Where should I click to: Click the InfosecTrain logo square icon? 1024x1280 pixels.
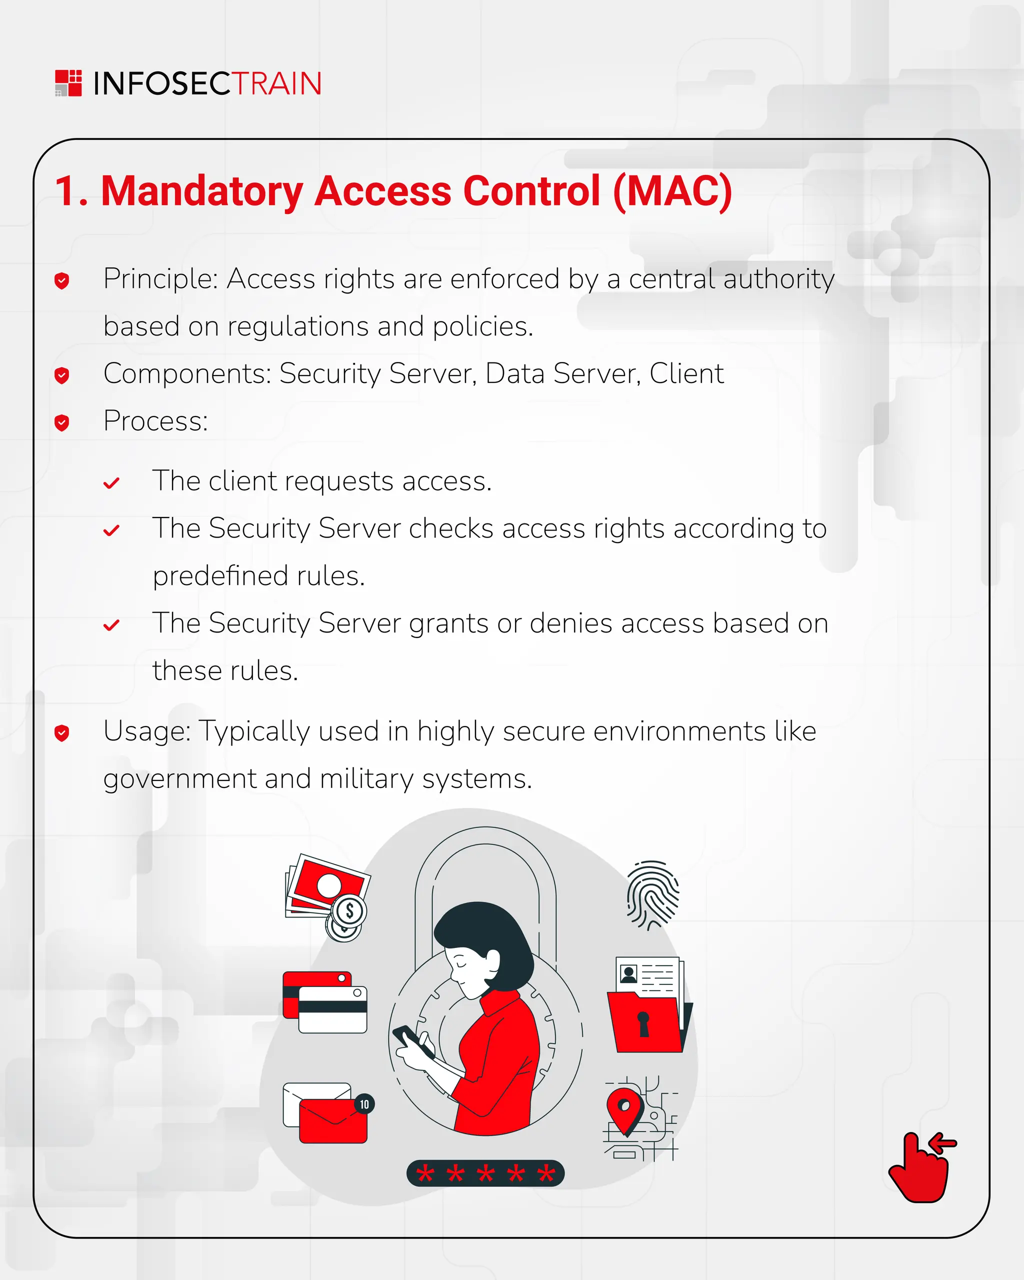pyautogui.click(x=68, y=83)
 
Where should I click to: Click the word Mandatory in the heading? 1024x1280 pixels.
pyautogui.click(x=202, y=191)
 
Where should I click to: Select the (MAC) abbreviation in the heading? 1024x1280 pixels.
pyautogui.click(x=672, y=191)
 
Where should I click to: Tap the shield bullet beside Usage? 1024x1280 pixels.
pyautogui.click(x=61, y=732)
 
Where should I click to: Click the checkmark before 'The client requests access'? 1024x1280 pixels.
pyautogui.click(x=111, y=483)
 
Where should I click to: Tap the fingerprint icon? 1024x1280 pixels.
pyautogui.click(x=652, y=894)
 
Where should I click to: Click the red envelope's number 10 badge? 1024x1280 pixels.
pyautogui.click(x=364, y=1104)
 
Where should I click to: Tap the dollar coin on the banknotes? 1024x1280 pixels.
pyautogui.click(x=349, y=910)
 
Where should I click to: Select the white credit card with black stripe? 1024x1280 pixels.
pyautogui.click(x=332, y=1010)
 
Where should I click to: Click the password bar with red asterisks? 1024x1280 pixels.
pyautogui.click(x=485, y=1173)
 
